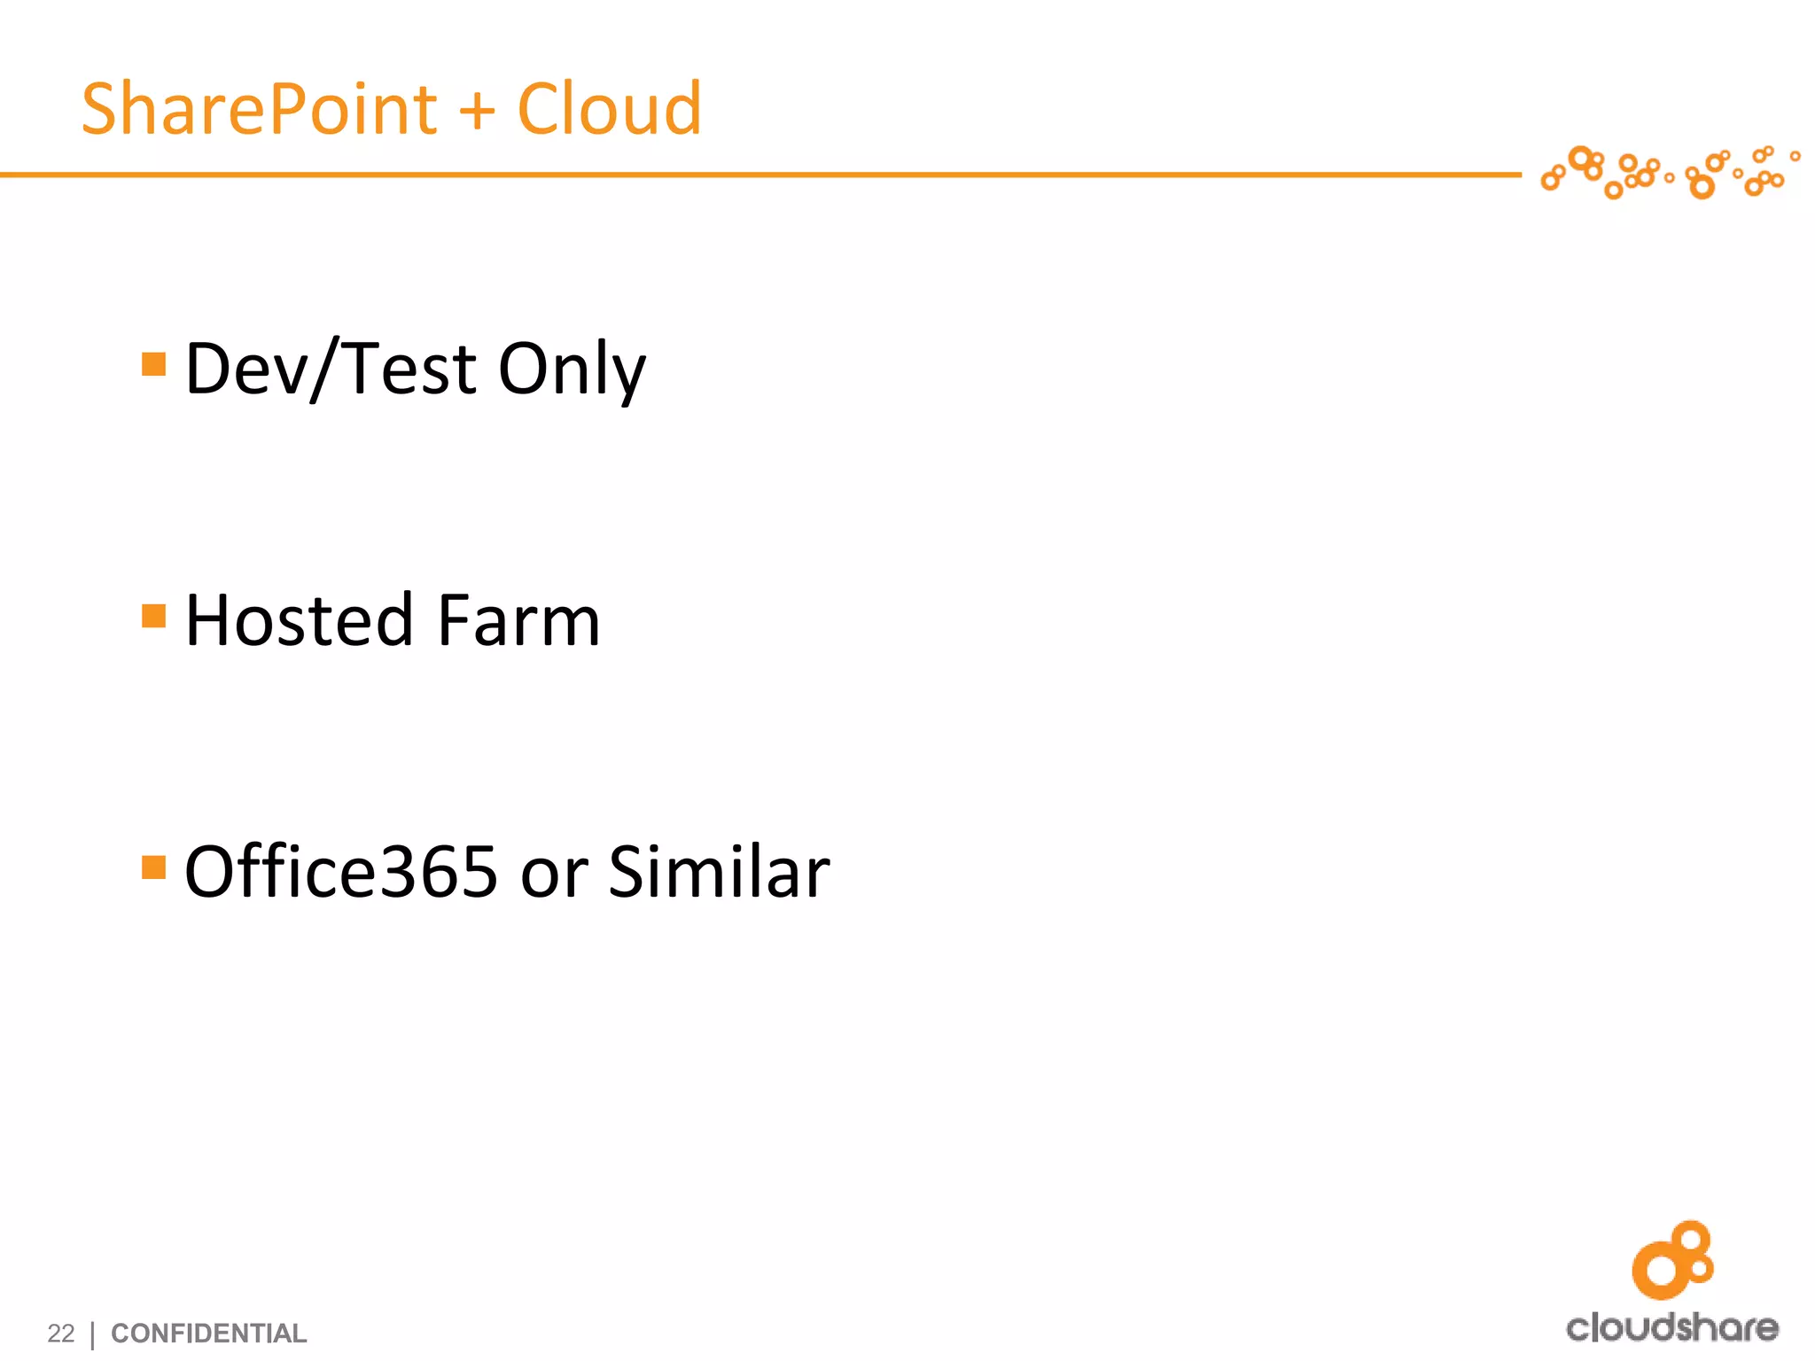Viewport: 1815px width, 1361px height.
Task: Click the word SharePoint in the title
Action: click(259, 110)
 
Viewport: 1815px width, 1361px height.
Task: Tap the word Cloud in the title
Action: click(609, 110)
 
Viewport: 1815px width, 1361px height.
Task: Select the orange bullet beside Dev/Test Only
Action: click(154, 364)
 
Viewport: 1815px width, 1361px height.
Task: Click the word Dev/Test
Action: click(330, 369)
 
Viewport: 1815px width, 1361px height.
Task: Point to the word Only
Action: click(572, 369)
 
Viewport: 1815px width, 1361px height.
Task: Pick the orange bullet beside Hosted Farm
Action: click(154, 615)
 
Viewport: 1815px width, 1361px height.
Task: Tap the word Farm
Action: click(518, 620)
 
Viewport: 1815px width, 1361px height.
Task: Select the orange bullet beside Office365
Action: click(154, 867)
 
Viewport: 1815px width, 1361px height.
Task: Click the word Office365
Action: click(341, 872)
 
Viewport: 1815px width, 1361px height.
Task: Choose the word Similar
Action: click(719, 872)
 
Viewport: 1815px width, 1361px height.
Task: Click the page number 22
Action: click(61, 1333)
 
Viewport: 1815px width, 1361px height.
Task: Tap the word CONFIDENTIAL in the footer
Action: click(208, 1333)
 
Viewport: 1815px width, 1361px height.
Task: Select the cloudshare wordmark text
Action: click(1671, 1327)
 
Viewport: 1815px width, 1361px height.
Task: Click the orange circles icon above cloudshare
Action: click(1672, 1259)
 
